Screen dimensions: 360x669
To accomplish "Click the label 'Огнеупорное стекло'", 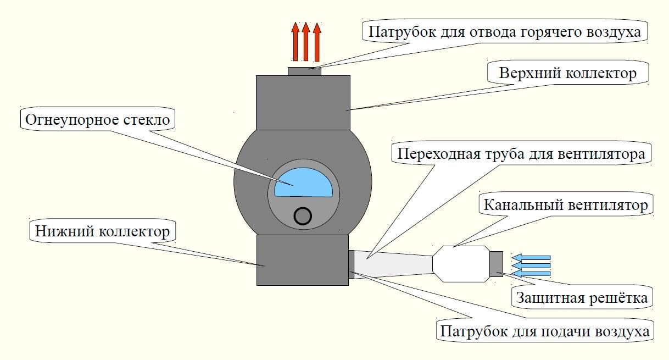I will (x=98, y=119).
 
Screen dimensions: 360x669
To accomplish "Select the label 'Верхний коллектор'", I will (x=568, y=73).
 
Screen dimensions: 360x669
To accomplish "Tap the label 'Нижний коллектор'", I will (x=102, y=232).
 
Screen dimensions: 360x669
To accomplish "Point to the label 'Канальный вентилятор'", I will (x=565, y=206).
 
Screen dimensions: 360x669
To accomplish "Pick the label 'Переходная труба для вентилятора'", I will (x=521, y=153).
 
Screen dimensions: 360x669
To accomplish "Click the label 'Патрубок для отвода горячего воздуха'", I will (x=504, y=31).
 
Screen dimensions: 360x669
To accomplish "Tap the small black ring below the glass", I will (x=303, y=216).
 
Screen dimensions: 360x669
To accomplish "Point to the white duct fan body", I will (x=460, y=264).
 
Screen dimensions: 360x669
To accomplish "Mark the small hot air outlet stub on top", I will (x=304, y=71).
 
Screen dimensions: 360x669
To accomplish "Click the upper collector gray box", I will (x=303, y=102).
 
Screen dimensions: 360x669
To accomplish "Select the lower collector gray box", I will (x=302, y=259).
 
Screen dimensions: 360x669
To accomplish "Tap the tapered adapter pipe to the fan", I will (x=393, y=263).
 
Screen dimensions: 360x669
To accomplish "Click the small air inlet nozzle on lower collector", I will (x=352, y=263).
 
